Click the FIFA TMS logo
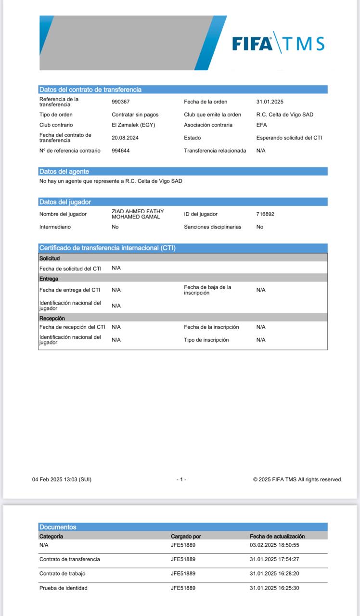point(278,43)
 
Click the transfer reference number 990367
point(121,102)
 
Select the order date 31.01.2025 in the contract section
point(270,102)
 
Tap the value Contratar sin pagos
point(135,115)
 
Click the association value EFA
point(262,125)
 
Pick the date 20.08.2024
point(125,137)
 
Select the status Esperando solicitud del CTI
point(289,138)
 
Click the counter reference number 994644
point(121,151)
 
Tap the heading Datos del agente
point(64,171)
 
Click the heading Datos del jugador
point(65,202)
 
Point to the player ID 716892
point(265,214)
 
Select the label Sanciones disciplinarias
point(213,227)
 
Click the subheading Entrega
point(49,279)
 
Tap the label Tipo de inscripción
point(206,340)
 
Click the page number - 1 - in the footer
point(181,479)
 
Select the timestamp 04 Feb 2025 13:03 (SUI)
point(62,479)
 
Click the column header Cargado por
point(186,536)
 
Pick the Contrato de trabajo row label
point(63,574)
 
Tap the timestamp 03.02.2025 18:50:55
point(274,545)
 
